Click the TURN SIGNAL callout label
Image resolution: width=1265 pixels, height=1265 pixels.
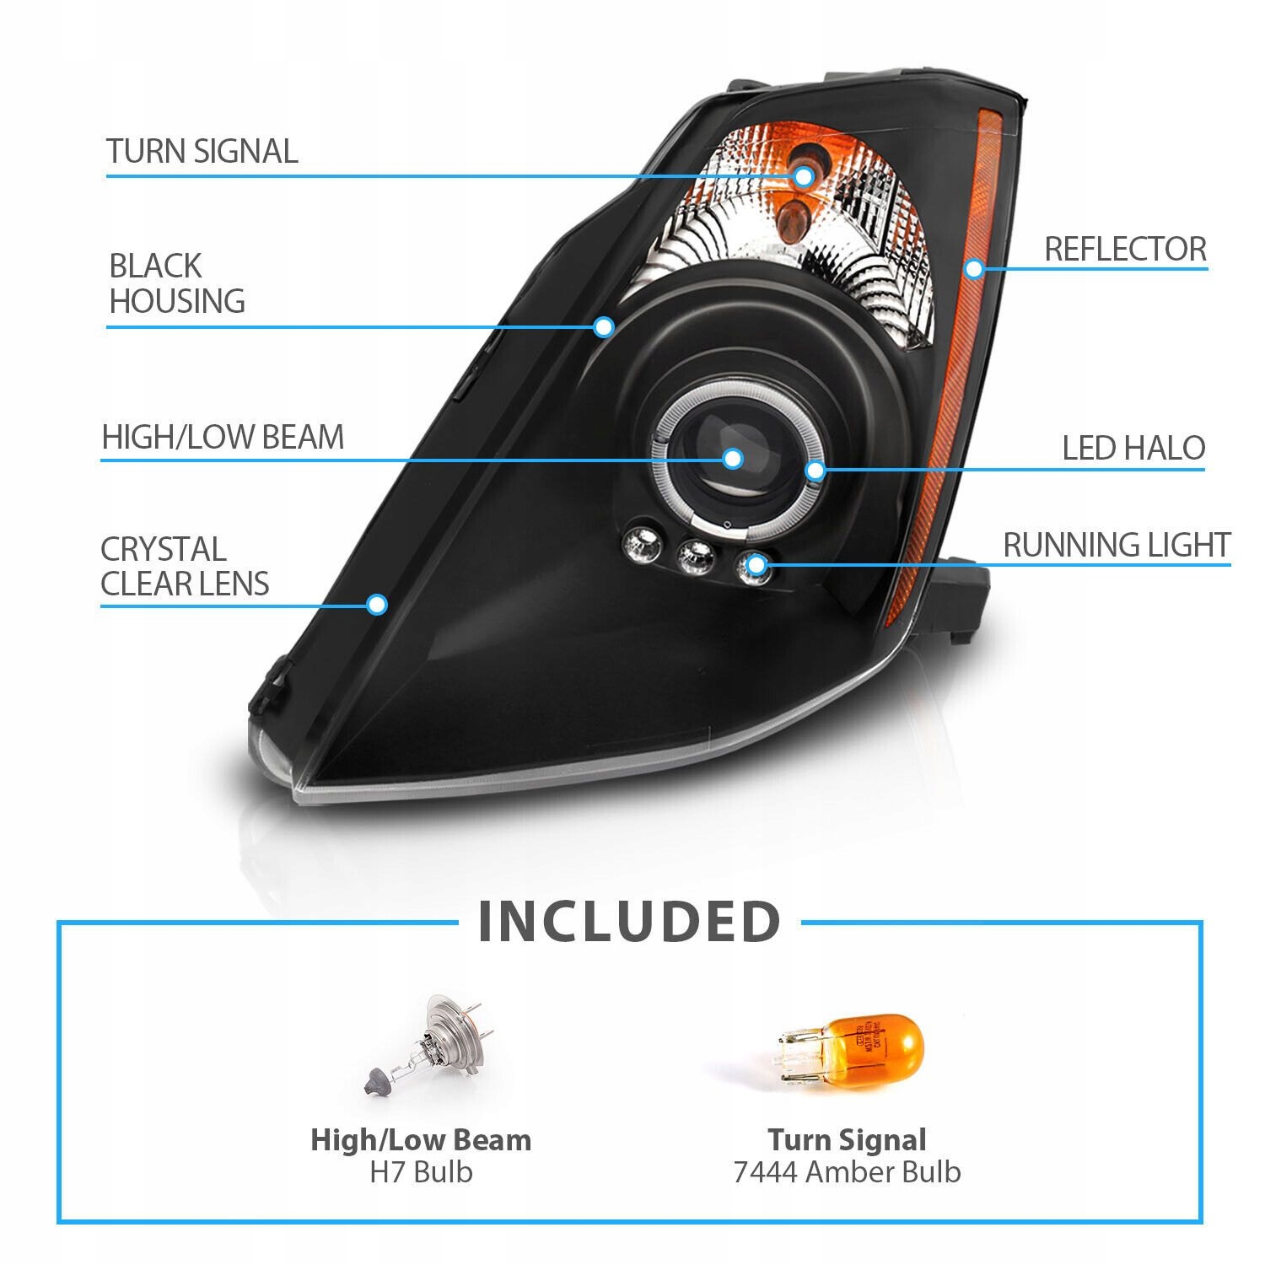[202, 152]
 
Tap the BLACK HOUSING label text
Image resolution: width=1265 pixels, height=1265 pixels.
[176, 283]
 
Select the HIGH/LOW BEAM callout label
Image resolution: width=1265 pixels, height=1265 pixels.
[223, 437]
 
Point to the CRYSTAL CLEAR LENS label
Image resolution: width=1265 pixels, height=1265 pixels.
[184, 567]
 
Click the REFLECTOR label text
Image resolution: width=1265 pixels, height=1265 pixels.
[1125, 249]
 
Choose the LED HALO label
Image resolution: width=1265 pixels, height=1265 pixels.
[1133, 448]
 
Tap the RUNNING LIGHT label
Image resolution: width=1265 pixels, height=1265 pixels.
[1116, 545]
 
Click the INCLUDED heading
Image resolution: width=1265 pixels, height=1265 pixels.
[629, 922]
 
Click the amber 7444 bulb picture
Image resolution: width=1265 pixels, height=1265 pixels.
[852, 1050]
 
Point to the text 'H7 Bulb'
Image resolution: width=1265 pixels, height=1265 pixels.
[421, 1171]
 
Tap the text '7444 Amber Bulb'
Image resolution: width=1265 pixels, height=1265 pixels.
[847, 1171]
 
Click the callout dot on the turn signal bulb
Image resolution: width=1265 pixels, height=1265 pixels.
[803, 176]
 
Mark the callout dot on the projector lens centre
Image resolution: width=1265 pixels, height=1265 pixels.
[732, 459]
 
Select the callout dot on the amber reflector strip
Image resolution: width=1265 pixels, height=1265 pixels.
[974, 269]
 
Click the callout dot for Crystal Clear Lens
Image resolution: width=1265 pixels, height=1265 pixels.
[377, 604]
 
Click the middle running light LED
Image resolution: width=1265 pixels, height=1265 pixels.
[697, 553]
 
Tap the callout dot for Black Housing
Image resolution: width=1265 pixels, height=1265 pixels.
[603, 326]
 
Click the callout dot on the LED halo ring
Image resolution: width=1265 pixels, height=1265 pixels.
[814, 470]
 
